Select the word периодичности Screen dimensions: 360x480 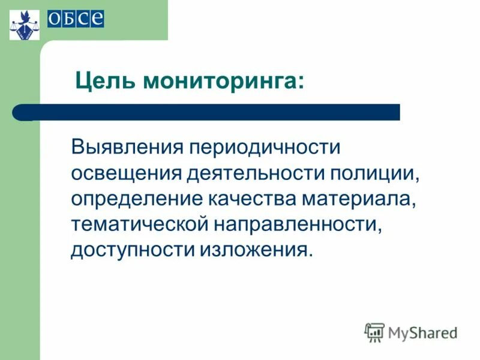[266, 146]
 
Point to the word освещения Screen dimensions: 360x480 [125, 173]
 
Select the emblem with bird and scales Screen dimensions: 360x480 [25, 24]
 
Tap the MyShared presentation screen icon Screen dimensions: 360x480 [374, 332]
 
